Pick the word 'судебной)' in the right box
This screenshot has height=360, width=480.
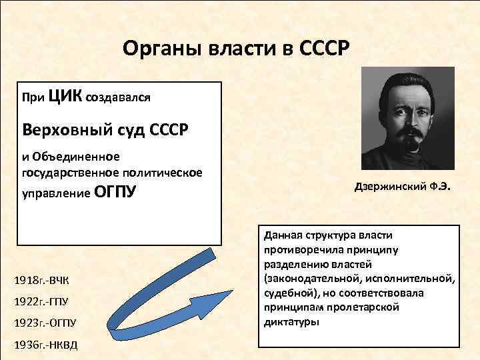(x=287, y=293)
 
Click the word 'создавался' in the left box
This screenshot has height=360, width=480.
(x=117, y=99)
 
